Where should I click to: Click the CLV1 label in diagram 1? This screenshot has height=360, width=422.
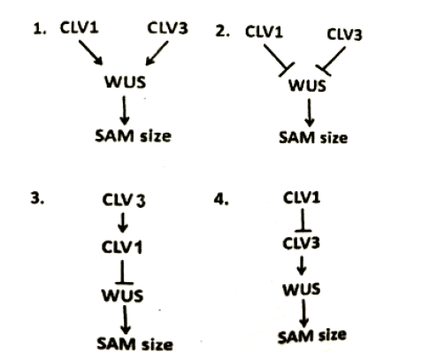click(79, 27)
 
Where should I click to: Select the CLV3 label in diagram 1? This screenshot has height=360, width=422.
click(167, 28)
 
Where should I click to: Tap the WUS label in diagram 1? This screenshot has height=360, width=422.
click(126, 81)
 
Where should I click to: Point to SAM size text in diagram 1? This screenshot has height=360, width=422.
click(134, 136)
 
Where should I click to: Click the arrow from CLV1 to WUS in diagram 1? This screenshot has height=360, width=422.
click(90, 52)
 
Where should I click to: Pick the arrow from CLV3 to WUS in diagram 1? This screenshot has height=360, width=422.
click(157, 53)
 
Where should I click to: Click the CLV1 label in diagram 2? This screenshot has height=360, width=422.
click(264, 32)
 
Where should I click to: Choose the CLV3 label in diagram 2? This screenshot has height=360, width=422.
click(344, 34)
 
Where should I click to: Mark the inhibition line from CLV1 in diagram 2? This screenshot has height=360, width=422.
click(279, 60)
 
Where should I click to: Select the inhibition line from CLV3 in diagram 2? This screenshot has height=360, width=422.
click(331, 61)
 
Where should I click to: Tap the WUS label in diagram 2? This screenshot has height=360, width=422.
click(307, 86)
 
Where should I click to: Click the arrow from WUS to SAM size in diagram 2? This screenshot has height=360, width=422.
click(309, 112)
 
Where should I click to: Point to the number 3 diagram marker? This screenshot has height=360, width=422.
click(37, 198)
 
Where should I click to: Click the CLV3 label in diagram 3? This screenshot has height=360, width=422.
click(124, 200)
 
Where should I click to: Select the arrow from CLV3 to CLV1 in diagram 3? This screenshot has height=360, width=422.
click(123, 223)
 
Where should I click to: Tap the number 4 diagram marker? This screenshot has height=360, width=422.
click(221, 200)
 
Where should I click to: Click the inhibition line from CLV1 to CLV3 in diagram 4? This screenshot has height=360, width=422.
click(303, 220)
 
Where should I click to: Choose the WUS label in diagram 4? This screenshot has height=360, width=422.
click(302, 289)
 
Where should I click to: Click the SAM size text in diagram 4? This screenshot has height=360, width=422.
click(312, 336)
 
